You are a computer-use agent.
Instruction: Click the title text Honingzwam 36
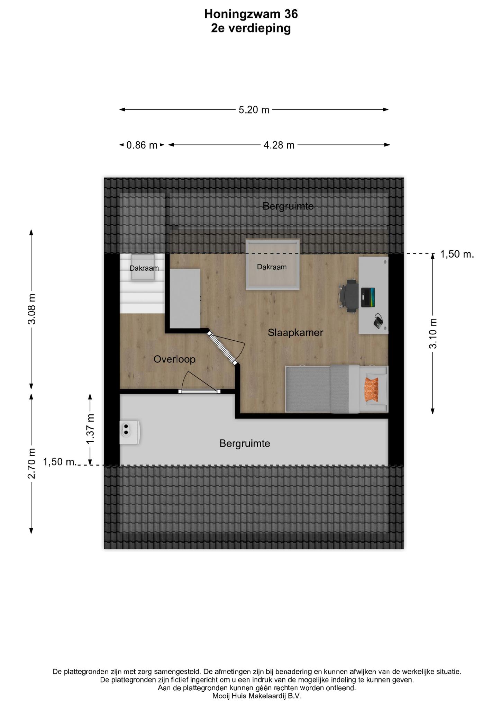pos(251,14)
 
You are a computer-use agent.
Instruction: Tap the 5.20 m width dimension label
pos(254,110)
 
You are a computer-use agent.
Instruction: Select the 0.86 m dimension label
pos(142,145)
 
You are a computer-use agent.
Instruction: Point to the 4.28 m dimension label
pos(279,145)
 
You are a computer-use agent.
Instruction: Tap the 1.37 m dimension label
pos(90,429)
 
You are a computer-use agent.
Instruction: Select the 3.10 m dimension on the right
pos(433,333)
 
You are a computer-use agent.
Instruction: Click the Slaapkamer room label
pos(295,333)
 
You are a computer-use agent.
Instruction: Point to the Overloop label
pos(174,359)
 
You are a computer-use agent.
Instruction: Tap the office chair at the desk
pos(349,296)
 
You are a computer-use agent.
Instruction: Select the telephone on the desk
pos(378,322)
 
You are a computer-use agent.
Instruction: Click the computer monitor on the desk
pos(368,297)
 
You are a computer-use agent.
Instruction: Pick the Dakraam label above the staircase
pos(144,268)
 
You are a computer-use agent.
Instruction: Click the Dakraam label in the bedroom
pos(272,267)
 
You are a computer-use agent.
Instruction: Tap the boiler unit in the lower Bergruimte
pos(129,432)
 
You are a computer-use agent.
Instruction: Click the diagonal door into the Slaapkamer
pos(222,348)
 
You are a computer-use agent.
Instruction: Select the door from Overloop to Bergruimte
pos(200,391)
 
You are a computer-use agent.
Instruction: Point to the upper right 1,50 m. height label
pos(457,254)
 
